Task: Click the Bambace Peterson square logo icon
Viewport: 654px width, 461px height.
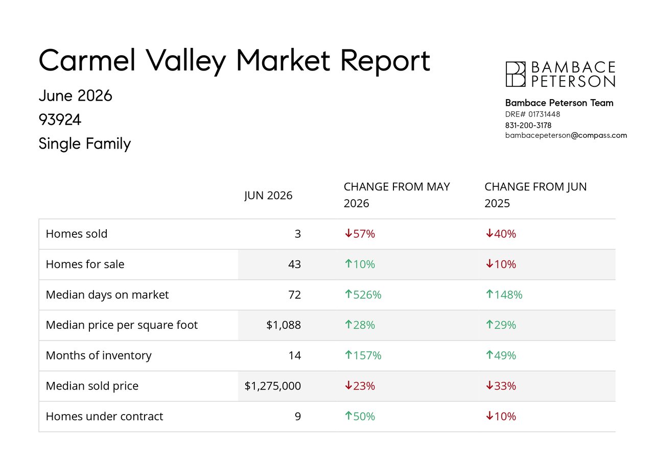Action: click(x=516, y=74)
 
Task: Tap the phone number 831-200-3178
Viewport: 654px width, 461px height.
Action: click(x=528, y=126)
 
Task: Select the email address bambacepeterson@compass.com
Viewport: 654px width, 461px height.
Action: click(x=566, y=136)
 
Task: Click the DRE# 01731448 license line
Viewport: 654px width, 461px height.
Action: click(x=532, y=114)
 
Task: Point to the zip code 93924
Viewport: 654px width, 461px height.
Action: click(x=60, y=119)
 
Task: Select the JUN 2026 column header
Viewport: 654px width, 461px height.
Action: click(x=268, y=196)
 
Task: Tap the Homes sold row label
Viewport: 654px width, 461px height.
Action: click(x=77, y=234)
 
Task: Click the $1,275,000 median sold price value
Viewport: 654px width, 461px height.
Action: click(x=273, y=386)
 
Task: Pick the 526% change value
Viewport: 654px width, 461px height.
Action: click(x=367, y=295)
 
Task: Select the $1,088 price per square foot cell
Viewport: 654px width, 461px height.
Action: click(x=284, y=325)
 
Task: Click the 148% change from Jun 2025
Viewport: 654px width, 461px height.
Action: click(x=508, y=295)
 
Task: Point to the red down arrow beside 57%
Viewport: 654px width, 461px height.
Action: click(x=348, y=233)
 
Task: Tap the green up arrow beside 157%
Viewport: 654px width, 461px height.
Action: click(x=348, y=355)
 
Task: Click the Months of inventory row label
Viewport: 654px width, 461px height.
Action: click(x=99, y=355)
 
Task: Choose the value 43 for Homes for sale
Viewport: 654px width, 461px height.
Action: click(x=294, y=264)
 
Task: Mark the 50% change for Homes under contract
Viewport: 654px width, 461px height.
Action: click(x=364, y=417)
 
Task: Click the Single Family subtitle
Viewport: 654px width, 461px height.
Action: click(x=85, y=143)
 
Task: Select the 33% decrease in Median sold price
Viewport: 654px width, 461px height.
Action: click(x=505, y=386)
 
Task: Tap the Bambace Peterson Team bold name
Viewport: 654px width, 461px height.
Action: click(x=559, y=103)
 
